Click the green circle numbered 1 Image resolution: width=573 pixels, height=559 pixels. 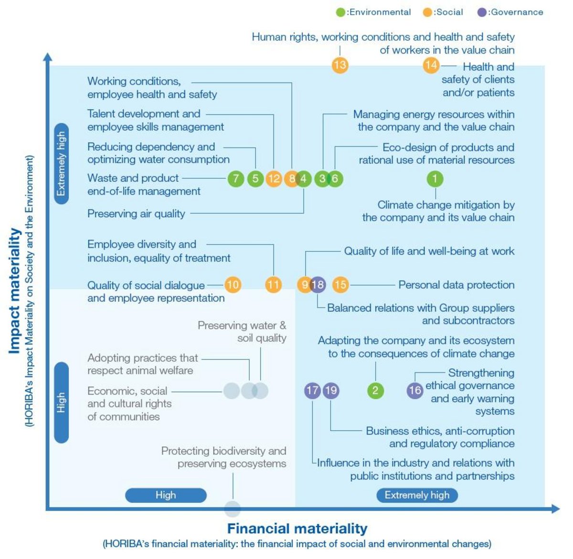point(435,178)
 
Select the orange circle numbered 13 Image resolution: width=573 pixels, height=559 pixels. point(340,65)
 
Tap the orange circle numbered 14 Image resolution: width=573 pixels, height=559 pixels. point(431,65)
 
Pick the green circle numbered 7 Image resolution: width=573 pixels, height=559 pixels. point(235,178)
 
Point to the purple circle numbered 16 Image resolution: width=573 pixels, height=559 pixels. point(415,391)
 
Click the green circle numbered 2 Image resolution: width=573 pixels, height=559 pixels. point(375,391)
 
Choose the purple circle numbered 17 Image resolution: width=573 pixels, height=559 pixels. point(312,391)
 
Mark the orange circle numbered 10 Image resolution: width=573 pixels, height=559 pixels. point(233,285)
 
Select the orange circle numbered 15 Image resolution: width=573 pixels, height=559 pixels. point(340,285)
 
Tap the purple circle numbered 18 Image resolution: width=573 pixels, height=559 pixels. point(318,285)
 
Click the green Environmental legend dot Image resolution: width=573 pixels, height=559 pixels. point(340,12)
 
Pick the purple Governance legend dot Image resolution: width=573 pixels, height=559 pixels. point(482,12)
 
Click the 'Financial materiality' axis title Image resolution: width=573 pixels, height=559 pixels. point(297,528)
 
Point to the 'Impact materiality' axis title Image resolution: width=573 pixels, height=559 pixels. point(15,291)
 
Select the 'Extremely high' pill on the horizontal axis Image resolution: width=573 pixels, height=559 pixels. point(417,495)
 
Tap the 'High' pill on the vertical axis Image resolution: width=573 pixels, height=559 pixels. point(61,403)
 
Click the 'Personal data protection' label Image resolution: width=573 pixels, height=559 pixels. point(456,285)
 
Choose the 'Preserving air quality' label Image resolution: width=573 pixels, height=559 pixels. point(136,214)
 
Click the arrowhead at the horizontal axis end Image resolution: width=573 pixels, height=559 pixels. point(555,509)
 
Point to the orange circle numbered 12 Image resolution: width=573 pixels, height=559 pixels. point(274,178)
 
